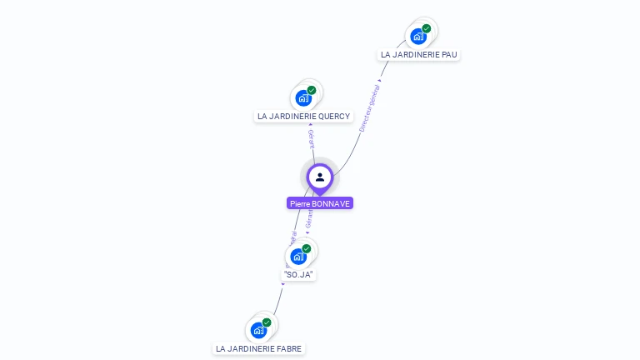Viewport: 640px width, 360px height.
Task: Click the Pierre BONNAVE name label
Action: coord(320,203)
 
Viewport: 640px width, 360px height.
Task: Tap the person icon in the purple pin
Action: coord(320,177)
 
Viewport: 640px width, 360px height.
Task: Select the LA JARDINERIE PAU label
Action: coord(418,55)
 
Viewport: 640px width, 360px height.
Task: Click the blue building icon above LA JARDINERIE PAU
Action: coord(418,37)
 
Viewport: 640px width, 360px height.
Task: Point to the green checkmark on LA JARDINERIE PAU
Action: coord(427,28)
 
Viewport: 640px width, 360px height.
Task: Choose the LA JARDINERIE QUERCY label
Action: coord(297,117)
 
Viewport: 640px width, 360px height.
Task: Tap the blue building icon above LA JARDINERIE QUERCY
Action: coord(303,98)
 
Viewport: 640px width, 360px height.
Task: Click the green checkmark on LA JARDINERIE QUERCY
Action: coord(312,90)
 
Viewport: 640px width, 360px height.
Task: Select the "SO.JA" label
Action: coord(298,274)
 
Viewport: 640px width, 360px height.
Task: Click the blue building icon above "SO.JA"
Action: coord(298,256)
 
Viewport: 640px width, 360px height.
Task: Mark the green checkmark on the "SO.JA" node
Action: coord(307,248)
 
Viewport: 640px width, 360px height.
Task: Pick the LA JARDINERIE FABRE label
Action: coord(258,348)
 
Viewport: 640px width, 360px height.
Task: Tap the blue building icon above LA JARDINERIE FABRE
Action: coord(258,330)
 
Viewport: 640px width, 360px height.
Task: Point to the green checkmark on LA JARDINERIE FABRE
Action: coord(267,322)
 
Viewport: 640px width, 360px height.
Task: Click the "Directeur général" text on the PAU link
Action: coord(369,108)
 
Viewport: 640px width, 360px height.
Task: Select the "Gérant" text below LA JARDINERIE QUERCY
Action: coord(311,138)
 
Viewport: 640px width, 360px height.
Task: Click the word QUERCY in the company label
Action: coord(322,117)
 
